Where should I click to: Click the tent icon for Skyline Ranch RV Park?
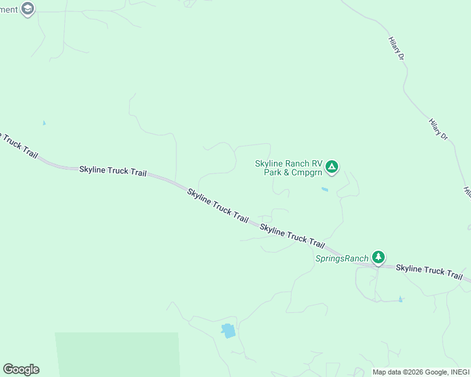332,167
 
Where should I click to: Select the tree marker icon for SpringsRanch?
378,257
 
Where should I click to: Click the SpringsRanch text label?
342,258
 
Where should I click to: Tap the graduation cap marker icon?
27,9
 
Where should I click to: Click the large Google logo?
21,369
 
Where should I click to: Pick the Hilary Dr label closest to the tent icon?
438,129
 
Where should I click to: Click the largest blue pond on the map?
228,331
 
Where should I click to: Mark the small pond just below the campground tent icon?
325,189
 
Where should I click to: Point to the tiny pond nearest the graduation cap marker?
44,123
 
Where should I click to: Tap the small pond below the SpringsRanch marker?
400,299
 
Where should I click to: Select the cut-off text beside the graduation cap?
9,9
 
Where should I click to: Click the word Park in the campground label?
273,172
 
